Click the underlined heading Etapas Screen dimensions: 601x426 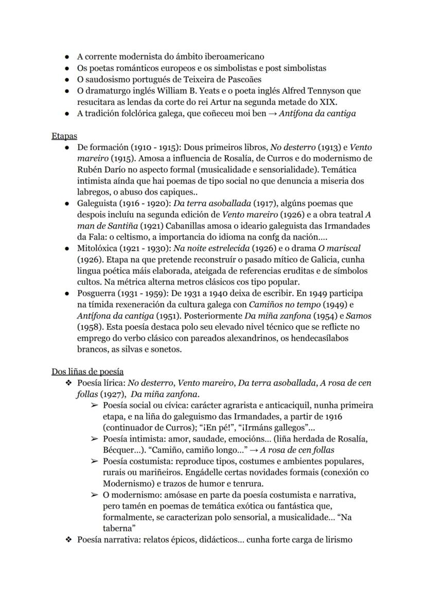coord(64,136)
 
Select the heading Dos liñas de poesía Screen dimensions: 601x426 coord(87,371)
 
